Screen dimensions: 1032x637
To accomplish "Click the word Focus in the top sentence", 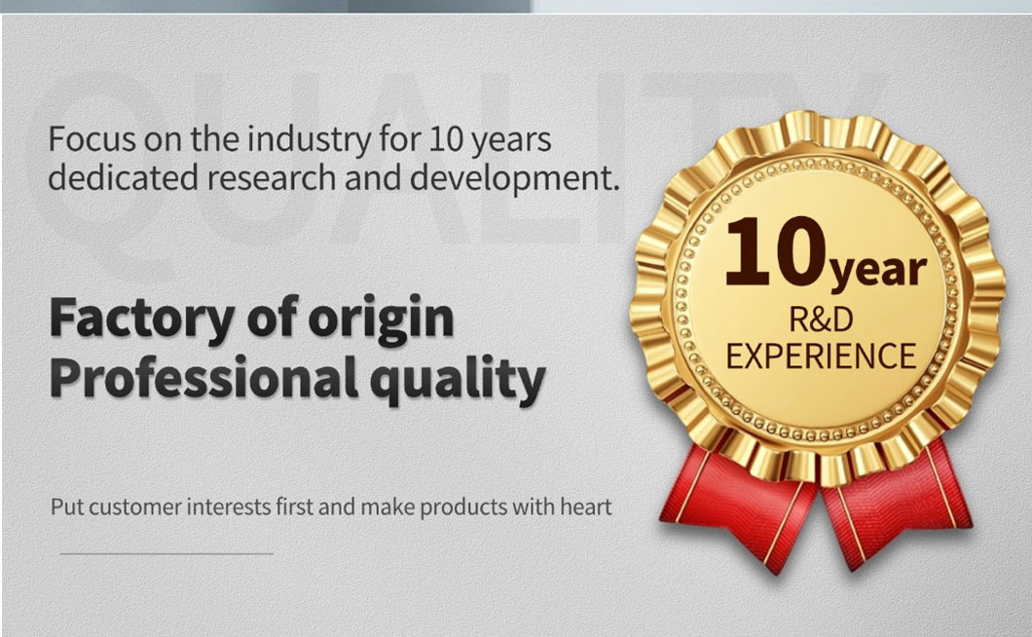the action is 92,139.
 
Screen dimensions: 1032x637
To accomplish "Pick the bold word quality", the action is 458,380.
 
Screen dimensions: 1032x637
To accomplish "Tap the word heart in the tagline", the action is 586,506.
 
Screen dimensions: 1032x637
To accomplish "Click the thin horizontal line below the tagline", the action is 166,554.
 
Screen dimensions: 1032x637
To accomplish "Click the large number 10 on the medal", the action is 775,252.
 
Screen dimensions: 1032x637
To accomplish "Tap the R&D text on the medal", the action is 821,320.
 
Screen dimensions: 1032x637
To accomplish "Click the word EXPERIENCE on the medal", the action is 821,356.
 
